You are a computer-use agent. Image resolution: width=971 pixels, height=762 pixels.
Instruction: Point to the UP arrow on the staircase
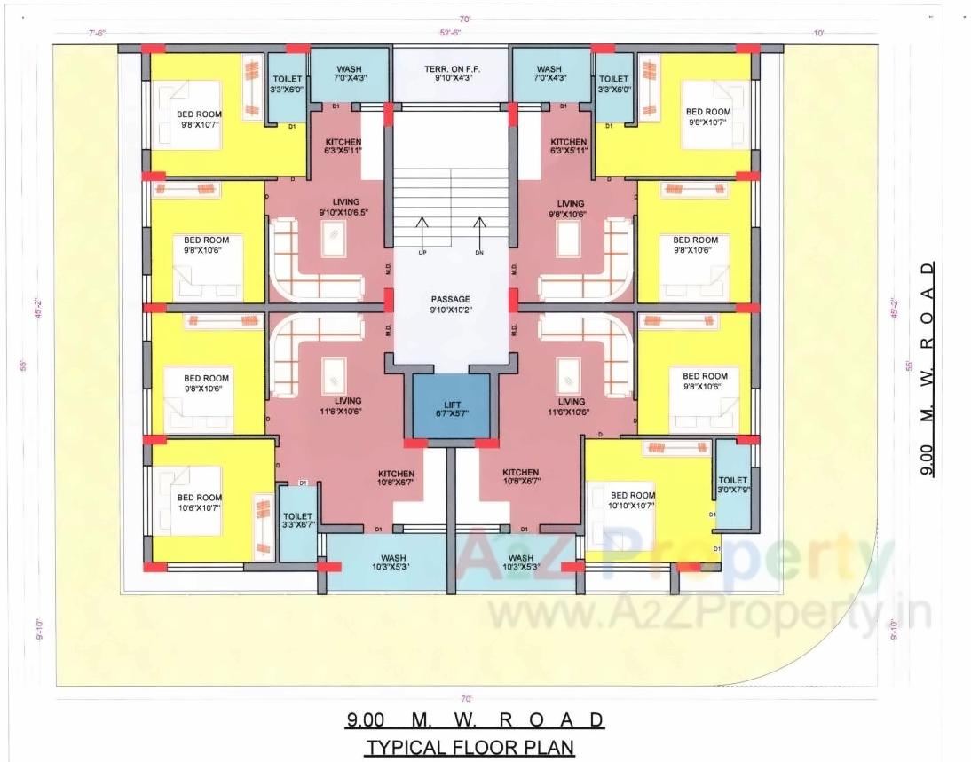[x=422, y=233]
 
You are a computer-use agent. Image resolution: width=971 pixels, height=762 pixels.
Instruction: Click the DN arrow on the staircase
[x=479, y=233]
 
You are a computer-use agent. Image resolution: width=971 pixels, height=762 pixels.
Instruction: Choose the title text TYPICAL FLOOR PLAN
[x=470, y=747]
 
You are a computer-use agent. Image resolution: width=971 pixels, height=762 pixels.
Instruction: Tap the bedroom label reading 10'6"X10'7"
[x=199, y=502]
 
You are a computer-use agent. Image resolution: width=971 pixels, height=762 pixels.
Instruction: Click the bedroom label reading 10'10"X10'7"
[x=633, y=500]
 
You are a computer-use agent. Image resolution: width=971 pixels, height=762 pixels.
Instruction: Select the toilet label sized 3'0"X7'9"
[x=733, y=484]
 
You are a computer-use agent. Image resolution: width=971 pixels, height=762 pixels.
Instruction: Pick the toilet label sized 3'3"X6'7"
[x=297, y=521]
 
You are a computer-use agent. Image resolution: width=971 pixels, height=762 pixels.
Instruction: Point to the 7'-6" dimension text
[x=97, y=34]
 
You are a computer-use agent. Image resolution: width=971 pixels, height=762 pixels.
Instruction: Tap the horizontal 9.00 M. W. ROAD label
[x=475, y=719]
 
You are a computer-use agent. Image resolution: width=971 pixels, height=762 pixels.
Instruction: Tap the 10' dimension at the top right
[x=817, y=34]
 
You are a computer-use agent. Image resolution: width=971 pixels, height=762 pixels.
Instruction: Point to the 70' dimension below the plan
[x=465, y=699]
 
